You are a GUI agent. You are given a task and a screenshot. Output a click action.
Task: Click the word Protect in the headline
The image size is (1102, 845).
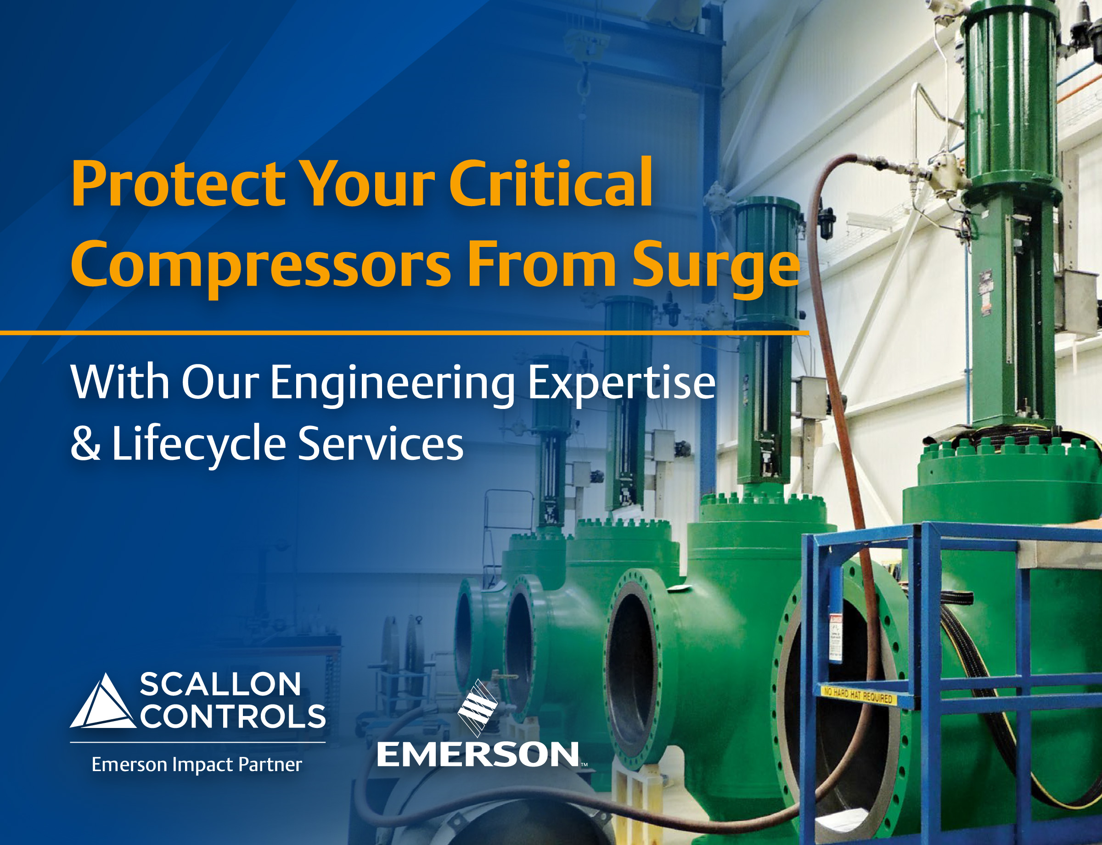179,184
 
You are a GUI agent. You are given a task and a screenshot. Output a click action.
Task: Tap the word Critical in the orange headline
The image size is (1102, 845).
551,184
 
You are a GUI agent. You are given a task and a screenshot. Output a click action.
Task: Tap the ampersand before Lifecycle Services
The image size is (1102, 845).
85,443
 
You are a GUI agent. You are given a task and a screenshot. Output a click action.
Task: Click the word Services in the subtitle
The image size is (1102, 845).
380,443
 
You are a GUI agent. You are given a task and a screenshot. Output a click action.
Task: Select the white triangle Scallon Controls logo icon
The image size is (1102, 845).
104,702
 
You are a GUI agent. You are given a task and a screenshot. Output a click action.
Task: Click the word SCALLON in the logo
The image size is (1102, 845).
220,684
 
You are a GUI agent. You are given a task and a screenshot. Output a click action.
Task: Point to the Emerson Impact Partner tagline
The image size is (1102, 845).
197,765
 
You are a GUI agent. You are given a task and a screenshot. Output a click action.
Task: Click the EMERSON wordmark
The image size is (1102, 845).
478,755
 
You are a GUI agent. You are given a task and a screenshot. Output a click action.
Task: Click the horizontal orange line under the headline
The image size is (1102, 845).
403,333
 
